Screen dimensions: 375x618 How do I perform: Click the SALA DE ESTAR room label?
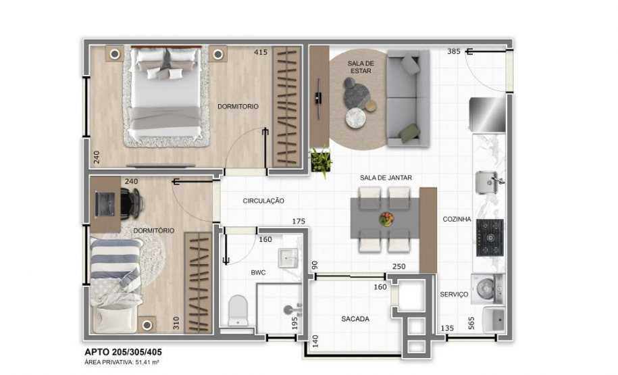click(360, 66)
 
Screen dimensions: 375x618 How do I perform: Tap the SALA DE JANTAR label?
click(386, 178)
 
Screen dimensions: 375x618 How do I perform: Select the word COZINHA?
click(457, 220)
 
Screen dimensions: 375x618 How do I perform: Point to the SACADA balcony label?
click(355, 318)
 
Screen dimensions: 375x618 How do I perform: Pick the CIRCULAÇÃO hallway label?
click(263, 201)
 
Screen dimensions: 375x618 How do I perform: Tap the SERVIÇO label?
click(454, 295)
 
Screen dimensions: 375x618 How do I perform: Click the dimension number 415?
click(261, 52)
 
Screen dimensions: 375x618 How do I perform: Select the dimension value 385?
click(453, 52)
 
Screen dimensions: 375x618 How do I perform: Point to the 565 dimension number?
click(471, 324)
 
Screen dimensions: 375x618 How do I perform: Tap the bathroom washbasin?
click(289, 257)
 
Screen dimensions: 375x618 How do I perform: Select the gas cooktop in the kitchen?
click(490, 238)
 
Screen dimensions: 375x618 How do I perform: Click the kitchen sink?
click(488, 182)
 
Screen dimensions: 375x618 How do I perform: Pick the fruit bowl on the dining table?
click(386, 219)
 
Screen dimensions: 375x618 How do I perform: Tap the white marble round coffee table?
click(355, 119)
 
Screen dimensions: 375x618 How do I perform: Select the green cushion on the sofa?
click(409, 133)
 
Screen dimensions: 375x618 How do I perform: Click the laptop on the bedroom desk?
click(106, 202)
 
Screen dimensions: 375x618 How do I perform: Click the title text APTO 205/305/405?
click(123, 352)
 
